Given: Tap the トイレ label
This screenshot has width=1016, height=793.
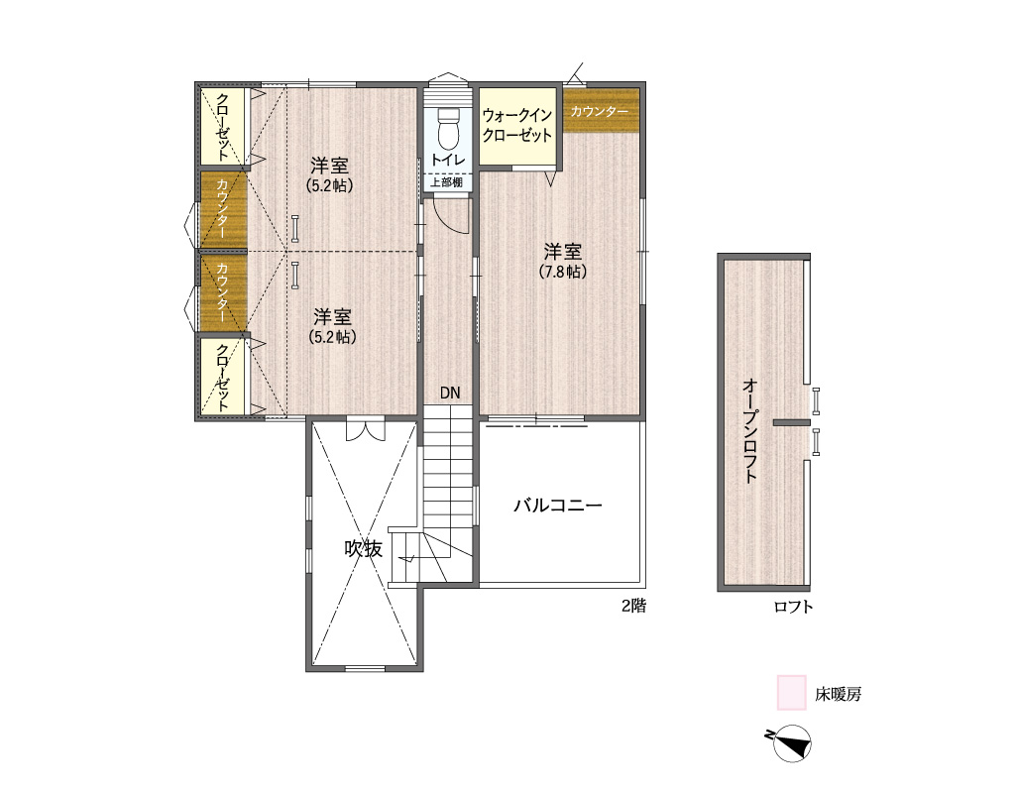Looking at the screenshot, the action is coord(448,160).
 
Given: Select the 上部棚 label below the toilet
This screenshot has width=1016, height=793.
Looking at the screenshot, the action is coord(447,182).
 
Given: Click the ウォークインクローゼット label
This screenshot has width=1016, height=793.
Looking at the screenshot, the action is coord(517,126).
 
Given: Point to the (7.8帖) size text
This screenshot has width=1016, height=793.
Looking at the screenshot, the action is coord(562,272).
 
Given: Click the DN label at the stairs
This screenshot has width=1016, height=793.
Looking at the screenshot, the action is coord(450,393).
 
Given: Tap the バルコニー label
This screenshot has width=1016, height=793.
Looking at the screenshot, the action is coord(558,506).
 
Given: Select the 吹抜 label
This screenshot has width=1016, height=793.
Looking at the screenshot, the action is coord(364,549).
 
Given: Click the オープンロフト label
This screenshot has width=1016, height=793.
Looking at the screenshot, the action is coord(749,431).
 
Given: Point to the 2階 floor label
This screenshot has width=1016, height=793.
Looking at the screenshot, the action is coord(633,606).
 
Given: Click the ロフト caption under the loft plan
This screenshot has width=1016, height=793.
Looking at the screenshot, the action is coord(793,607).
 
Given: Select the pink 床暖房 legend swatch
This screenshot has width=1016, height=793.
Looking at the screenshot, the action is coord(792,693).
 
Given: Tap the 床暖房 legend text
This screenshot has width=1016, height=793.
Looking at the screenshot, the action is coord(838,695).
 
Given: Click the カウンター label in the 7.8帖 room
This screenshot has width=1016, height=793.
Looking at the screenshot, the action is coord(600,111).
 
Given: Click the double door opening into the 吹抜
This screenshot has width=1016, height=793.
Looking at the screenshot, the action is coord(365,430).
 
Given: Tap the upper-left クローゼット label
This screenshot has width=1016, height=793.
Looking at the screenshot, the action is coord(222,127).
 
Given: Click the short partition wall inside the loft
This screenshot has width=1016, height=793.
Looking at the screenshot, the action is coord(791,423).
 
